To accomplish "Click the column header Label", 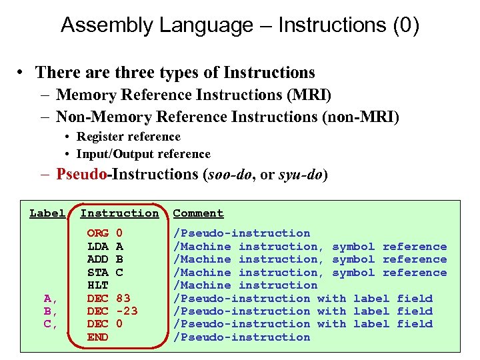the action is coord(47,213).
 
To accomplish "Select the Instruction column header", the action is coord(119,213).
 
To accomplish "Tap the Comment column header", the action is coord(198,213).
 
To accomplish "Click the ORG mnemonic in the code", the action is coord(98,233).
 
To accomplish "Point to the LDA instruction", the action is coord(98,247).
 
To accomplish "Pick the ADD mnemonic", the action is coord(98,259).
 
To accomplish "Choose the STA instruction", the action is coord(98,272).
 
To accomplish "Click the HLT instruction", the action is coord(98,285).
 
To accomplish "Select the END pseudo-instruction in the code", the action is coord(98,337).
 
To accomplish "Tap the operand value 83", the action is coord(123,298).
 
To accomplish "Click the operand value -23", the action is coord(127,311).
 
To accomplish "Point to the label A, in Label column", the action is coord(50,298).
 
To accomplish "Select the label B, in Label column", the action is coord(50,311).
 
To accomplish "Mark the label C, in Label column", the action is coord(50,324).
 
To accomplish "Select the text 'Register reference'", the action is coord(129,137).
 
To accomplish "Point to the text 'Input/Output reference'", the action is coord(143,154).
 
